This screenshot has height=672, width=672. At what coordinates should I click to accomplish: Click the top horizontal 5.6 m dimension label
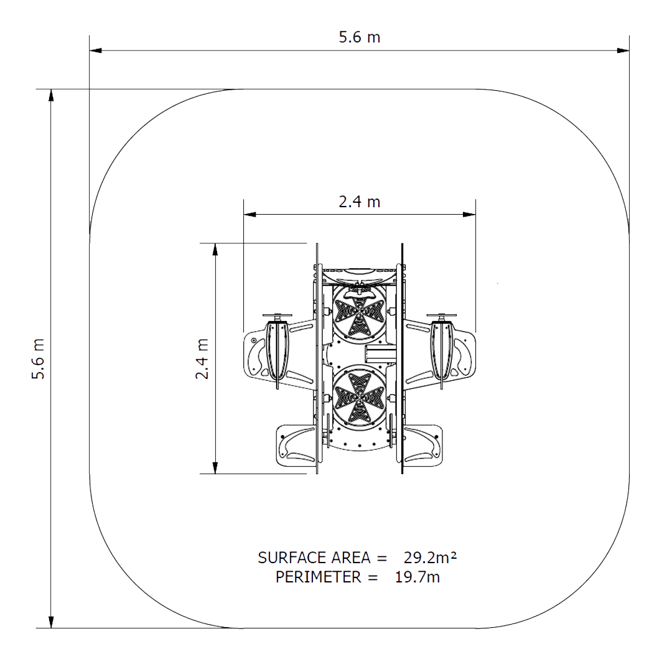[360, 37]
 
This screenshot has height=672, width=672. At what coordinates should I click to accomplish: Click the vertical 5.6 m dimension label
[38, 359]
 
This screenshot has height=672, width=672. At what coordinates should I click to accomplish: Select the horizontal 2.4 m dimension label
[360, 202]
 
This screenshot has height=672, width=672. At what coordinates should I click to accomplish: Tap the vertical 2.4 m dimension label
[202, 359]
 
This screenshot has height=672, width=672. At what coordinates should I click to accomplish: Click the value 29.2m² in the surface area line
[430, 557]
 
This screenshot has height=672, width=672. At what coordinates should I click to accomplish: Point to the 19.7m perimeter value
[418, 577]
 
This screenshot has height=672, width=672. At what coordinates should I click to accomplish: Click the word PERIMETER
[319, 577]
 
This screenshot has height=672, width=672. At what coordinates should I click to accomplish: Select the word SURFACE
[285, 557]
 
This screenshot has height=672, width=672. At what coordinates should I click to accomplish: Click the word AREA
[345, 557]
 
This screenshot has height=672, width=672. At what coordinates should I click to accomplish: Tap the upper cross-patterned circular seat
[360, 312]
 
